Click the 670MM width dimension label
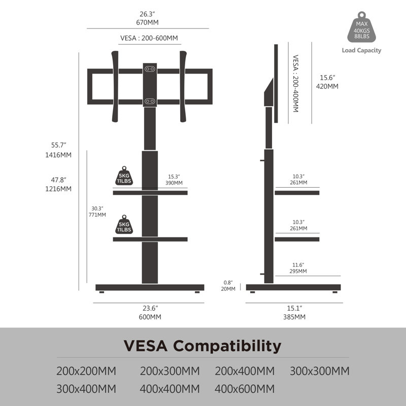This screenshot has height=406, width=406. click(147, 22)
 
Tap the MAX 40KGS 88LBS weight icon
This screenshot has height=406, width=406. click(361, 27)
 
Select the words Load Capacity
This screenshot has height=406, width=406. click(361, 50)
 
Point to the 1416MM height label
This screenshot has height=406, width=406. click(58, 155)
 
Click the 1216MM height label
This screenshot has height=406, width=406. click(58, 189)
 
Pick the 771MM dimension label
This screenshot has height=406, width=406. click(97, 215)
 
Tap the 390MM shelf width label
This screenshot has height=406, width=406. click(174, 183)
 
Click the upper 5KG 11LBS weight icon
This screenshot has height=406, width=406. click(124, 176)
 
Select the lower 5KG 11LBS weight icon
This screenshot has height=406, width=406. click(124, 224)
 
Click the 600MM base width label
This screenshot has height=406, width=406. click(150, 317)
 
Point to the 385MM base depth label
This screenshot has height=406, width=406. click(294, 317)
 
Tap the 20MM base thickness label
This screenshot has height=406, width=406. click(228, 289)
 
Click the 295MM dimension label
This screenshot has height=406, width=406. click(298, 271)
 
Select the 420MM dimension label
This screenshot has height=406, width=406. click(327, 86)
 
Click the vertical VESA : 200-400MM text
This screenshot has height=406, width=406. click(295, 83)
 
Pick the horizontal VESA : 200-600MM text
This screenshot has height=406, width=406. click(149, 38)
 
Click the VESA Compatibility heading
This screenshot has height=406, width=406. click(202, 346)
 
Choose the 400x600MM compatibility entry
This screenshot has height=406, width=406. click(245, 389)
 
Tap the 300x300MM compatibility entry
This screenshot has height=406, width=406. click(320, 371)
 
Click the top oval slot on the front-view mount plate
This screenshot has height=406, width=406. click(150, 69)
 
